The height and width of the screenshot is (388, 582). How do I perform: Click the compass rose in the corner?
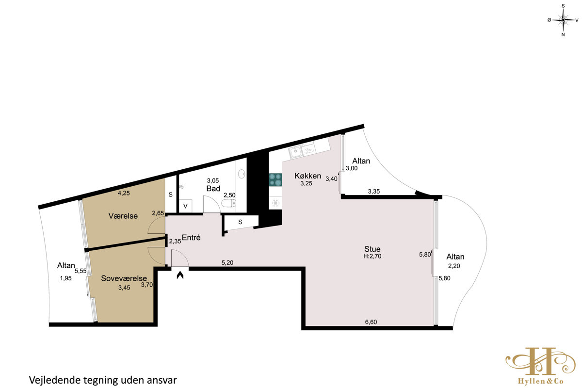(x=563, y=20)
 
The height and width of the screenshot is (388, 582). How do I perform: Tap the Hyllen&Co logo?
(x=540, y=366)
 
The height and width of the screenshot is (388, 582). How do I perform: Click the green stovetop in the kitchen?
(x=275, y=179)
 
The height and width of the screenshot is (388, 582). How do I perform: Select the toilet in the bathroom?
(x=228, y=203)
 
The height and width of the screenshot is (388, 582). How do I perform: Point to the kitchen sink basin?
(x=295, y=151)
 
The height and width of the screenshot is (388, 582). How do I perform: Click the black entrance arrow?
(x=180, y=275)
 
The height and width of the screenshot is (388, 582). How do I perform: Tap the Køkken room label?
(x=307, y=176)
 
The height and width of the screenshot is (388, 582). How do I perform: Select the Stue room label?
(x=372, y=249)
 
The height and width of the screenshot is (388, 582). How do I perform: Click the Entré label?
(x=191, y=238)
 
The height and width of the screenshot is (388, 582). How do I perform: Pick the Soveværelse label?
(x=124, y=278)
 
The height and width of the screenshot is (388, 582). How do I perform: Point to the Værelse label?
(x=123, y=216)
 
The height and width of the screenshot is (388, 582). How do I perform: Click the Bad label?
(x=213, y=188)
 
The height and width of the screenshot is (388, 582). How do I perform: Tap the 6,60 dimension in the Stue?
(x=371, y=322)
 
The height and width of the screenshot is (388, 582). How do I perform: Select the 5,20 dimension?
(x=227, y=263)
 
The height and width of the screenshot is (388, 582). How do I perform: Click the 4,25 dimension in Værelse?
(x=124, y=193)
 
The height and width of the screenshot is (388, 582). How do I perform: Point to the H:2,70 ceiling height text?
(x=372, y=256)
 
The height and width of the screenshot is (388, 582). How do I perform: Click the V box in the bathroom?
(x=185, y=206)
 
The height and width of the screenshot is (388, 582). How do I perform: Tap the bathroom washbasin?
(x=242, y=174)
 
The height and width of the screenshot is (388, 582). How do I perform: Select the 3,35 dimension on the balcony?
(x=374, y=192)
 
